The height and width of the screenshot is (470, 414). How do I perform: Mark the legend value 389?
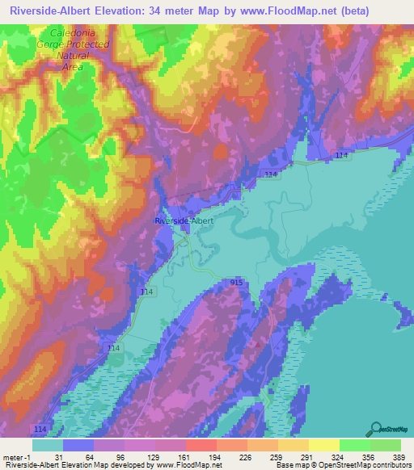click(x=400, y=456)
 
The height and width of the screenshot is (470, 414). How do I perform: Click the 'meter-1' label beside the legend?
click(x=17, y=456)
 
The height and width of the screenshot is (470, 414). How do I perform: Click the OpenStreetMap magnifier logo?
click(x=376, y=427)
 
